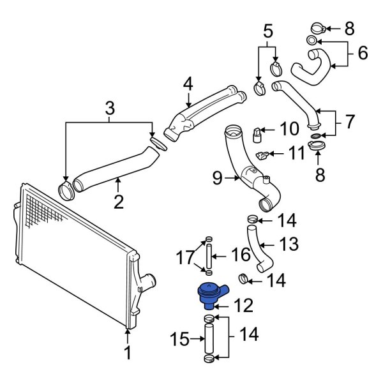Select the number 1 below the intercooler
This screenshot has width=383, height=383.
coord(127,352)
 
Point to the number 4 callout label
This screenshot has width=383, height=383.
coord(188,84)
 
